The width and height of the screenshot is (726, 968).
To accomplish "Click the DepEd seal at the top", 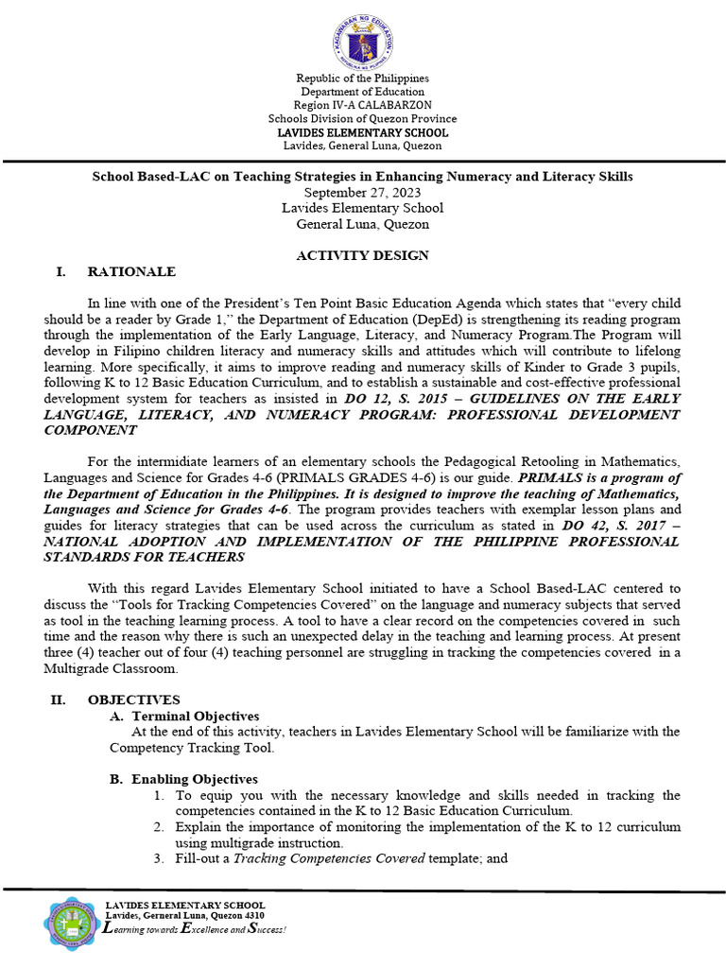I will (362, 39).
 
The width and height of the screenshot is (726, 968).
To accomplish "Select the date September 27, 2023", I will (362, 192).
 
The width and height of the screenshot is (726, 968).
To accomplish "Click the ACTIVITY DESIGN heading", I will (362, 255).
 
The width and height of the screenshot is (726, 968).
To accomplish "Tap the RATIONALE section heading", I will (131, 272).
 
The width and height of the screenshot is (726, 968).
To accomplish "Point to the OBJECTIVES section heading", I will (133, 700).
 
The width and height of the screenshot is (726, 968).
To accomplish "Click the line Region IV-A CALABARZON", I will (362, 105).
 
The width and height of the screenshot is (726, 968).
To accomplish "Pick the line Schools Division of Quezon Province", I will (362, 119).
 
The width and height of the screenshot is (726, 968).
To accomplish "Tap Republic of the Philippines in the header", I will (362, 78).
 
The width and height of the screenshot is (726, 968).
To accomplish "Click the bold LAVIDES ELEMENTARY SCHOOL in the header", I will (362, 132).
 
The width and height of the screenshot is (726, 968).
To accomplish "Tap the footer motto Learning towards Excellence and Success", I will (194, 929).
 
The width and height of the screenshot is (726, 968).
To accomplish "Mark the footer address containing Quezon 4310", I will (184, 916).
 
